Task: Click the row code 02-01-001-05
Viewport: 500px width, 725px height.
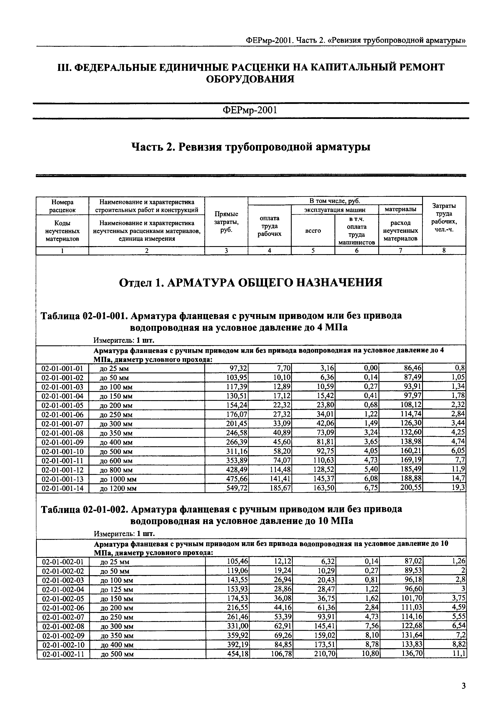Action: pos(62,405)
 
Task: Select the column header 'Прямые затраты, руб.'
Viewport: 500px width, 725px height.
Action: pos(226,222)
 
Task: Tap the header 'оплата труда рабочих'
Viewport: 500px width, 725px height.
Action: pos(269,226)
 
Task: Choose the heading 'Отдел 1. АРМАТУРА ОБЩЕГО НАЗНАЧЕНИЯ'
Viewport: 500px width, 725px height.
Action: pos(251,283)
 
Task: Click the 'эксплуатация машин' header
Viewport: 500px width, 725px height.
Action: pos(335,210)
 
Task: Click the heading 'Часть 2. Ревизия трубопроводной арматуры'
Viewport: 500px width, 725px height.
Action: pos(251,147)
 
